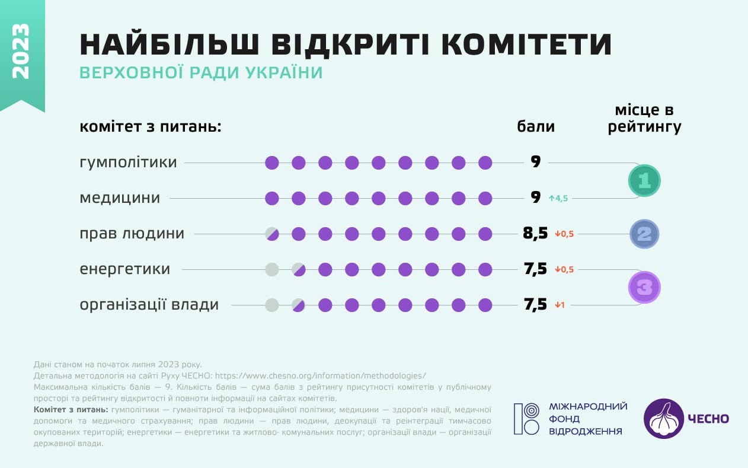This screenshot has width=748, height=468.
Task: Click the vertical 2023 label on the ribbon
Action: point(21,51)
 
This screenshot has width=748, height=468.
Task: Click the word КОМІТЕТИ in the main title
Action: point(528,44)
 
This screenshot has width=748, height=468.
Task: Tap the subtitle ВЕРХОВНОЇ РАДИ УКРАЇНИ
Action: point(201,73)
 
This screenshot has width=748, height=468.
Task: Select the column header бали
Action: point(536,126)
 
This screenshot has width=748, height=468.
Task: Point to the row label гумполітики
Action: point(128,162)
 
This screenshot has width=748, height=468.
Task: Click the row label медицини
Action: point(120,198)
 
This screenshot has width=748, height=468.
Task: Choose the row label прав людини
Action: point(132,234)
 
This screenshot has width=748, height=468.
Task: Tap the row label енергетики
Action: point(125,269)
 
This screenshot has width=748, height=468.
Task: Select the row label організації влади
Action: point(149,305)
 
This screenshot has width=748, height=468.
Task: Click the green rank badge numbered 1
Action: point(644,180)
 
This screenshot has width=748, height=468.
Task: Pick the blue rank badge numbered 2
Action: point(644,234)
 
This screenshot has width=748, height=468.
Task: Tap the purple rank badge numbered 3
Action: point(644,287)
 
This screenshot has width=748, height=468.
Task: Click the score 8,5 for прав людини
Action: point(535,234)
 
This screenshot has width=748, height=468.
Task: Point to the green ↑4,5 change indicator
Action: point(558,199)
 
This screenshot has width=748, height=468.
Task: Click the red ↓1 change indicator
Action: point(560,305)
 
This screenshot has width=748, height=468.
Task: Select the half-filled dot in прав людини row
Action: point(272,234)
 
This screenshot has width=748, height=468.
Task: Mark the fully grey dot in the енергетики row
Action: point(272,269)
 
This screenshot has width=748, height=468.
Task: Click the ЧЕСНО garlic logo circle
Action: point(663,418)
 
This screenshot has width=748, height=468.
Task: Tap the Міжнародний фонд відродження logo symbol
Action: point(526,419)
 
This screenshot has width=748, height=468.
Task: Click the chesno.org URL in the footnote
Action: point(320,375)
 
